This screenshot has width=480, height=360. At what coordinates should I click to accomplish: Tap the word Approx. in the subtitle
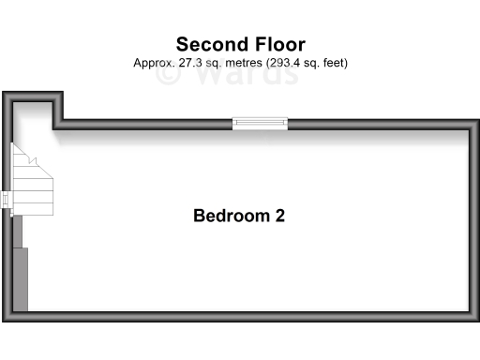pyautogui.click(x=153, y=63)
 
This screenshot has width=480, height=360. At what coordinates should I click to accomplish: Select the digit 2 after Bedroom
pyautogui.click(x=279, y=216)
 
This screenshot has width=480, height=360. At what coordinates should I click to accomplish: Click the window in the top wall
pyautogui.click(x=260, y=122)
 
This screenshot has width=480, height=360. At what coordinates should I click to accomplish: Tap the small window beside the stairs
pyautogui.click(x=7, y=202)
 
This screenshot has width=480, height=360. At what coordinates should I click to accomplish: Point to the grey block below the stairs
pyautogui.click(x=22, y=279)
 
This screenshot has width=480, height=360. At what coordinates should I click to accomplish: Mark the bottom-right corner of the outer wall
pyautogui.click(x=474, y=318)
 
